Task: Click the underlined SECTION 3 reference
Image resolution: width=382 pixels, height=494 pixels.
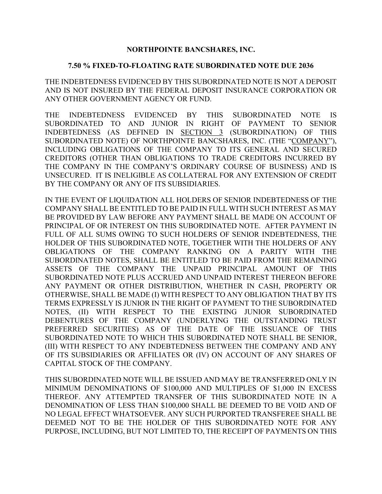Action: (x=202, y=132)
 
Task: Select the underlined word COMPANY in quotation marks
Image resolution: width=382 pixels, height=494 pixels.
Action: (x=312, y=141)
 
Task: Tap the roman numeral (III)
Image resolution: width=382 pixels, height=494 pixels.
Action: (x=51, y=346)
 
